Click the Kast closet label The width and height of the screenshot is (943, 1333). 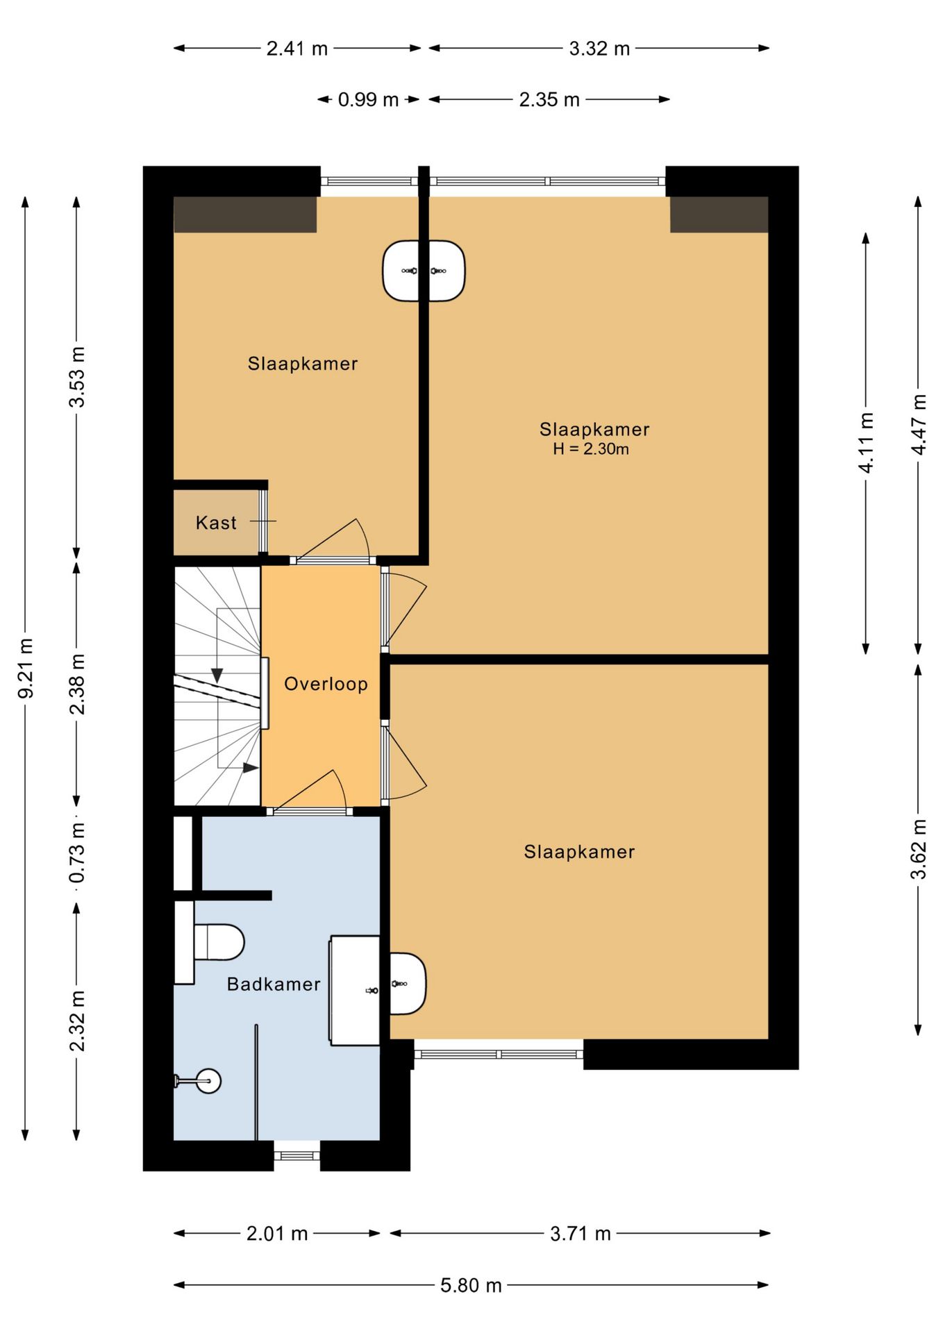pyautogui.click(x=216, y=523)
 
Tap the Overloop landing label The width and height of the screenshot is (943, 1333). pyautogui.click(x=326, y=684)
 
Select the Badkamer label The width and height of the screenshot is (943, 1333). pyautogui.click(x=274, y=984)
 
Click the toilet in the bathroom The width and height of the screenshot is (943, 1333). pyautogui.click(x=219, y=942)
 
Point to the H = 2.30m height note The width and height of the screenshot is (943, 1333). pyautogui.click(x=591, y=449)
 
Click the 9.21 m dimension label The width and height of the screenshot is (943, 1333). pyautogui.click(x=26, y=668)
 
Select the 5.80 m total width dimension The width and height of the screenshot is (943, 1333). pyautogui.click(x=471, y=1285)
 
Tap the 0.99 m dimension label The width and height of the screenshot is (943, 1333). pyautogui.click(x=368, y=100)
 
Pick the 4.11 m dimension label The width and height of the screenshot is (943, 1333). pyautogui.click(x=866, y=443)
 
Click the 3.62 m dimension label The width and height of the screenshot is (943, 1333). pyautogui.click(x=918, y=849)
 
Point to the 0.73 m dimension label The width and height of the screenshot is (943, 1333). pyautogui.click(x=77, y=853)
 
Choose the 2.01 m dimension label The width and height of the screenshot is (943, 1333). pyautogui.click(x=277, y=1234)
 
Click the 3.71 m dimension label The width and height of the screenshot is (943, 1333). pyautogui.click(x=581, y=1234)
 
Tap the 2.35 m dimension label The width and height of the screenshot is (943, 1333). pyautogui.click(x=549, y=100)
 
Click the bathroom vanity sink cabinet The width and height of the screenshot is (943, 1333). pyautogui.click(x=355, y=991)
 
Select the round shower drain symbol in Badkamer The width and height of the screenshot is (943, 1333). pyautogui.click(x=208, y=1081)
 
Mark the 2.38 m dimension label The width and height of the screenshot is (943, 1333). pyautogui.click(x=77, y=684)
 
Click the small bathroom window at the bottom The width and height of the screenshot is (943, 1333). pyautogui.click(x=297, y=1156)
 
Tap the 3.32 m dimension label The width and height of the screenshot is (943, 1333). pyautogui.click(x=599, y=49)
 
